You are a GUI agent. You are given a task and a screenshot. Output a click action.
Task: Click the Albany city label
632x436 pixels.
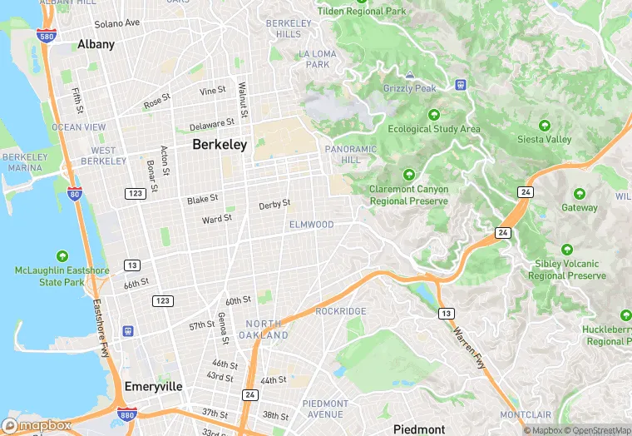pos(96,44)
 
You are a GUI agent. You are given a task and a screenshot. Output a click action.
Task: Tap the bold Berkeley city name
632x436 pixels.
pos(220,145)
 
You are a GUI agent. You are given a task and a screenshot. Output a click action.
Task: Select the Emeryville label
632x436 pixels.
pos(153,387)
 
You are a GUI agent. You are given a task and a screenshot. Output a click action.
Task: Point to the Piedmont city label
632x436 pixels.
pos(418,429)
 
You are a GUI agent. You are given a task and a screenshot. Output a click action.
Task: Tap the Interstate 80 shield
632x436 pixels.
pos(74,193)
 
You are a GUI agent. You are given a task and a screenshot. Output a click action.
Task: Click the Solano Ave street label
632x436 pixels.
pos(117,23)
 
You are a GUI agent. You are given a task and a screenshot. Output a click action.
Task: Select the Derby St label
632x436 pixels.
pos(274,204)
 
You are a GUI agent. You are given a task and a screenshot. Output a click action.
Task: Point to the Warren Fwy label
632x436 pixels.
pos(470,349)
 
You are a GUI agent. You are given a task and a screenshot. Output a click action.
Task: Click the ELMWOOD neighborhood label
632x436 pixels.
pos(311,225)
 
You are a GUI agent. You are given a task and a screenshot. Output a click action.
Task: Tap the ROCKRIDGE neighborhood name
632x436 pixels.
pos(341,311)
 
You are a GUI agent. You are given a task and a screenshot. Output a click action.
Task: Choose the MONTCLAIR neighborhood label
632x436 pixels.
pos(524,414)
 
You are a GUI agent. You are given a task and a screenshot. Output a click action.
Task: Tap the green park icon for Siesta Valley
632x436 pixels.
pos(545,126)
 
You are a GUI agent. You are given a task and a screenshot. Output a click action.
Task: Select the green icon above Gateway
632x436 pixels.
pos(580,194)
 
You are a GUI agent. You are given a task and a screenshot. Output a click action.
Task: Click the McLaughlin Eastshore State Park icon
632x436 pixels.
pos(62,256)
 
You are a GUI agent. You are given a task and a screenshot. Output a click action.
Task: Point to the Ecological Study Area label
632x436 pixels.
pos(434,129)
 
